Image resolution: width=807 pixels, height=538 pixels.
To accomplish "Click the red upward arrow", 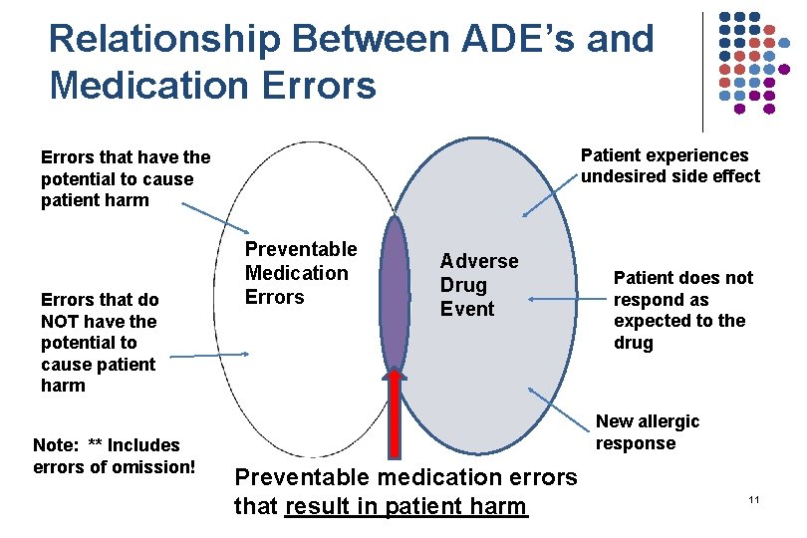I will point(396,418).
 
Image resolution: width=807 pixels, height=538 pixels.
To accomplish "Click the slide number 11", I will point(753,498).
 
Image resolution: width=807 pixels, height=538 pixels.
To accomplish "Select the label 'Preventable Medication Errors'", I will point(300,273).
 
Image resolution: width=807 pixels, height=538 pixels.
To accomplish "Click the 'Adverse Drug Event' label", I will point(479,285).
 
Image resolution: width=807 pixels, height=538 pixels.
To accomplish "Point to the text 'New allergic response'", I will point(648,432).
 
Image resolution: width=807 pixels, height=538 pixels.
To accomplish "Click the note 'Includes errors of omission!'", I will point(107,455).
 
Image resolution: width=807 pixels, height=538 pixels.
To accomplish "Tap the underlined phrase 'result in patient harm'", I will point(404,506).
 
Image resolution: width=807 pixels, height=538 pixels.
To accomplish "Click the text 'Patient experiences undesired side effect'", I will point(670,166).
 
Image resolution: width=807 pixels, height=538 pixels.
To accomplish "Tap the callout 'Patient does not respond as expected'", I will point(682,310).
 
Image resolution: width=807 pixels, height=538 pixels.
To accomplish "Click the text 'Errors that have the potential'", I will point(126,178).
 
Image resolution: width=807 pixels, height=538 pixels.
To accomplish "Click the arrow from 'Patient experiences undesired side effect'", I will point(550,198).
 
